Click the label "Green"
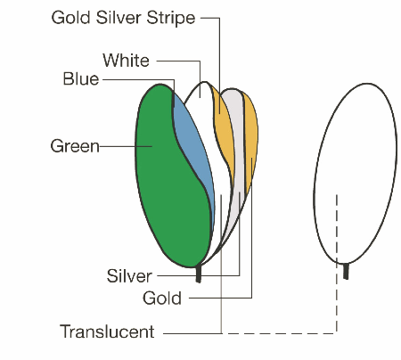click(75, 146)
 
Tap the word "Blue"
click(81, 79)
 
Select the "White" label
click(126, 61)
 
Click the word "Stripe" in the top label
click(171, 18)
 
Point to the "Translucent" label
click(107, 331)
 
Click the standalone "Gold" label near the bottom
click(162, 298)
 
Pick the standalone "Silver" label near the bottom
click(129, 276)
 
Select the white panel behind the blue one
click(220, 178)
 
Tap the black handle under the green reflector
click(199, 274)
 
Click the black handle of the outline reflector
click(346, 271)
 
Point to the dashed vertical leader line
click(337, 264)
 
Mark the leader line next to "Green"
click(126, 146)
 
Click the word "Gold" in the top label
click(70, 18)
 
